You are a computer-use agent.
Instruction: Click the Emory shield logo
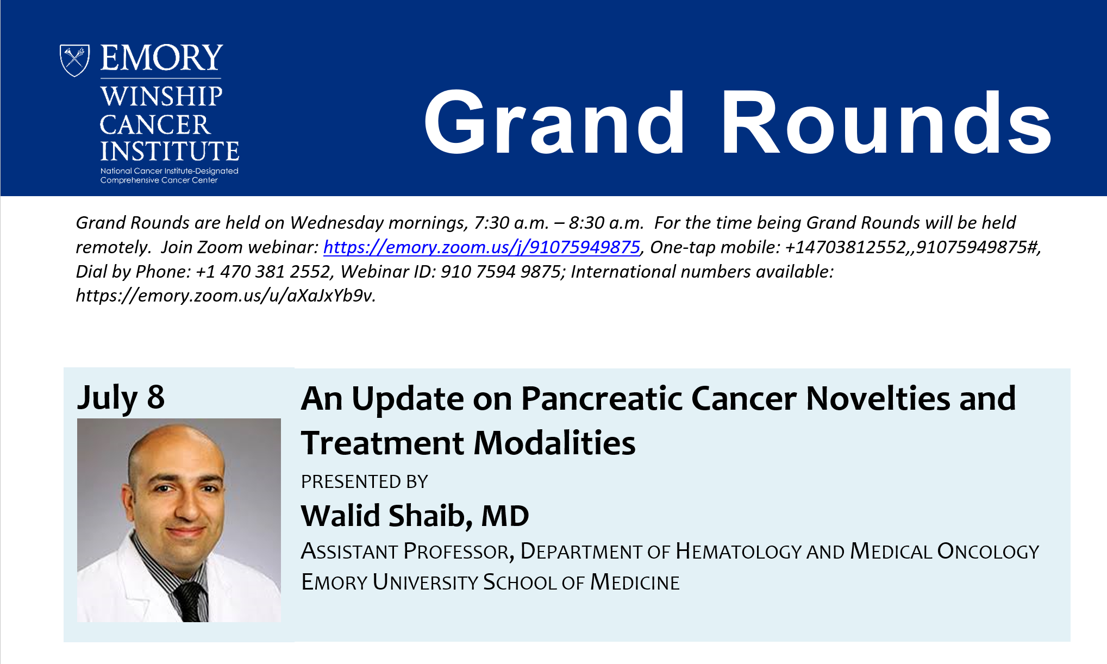pyautogui.click(x=74, y=60)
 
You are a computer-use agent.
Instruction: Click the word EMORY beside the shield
pyautogui.click(x=162, y=58)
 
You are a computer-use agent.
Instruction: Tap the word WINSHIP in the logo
pyautogui.click(x=161, y=96)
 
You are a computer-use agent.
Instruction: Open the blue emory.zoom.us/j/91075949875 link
pyautogui.click(x=481, y=247)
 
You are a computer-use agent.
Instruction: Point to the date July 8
pyautogui.click(x=121, y=398)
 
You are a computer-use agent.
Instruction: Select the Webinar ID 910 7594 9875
pyautogui.click(x=501, y=271)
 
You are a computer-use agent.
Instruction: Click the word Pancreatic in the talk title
pyautogui.click(x=602, y=398)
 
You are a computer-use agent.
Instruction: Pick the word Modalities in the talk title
pyautogui.click(x=554, y=443)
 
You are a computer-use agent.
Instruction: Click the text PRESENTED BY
pyautogui.click(x=365, y=482)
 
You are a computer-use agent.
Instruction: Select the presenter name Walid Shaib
pyautogui.click(x=386, y=515)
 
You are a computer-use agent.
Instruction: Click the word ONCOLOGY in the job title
pyautogui.click(x=988, y=552)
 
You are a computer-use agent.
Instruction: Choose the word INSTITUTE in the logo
pyautogui.click(x=170, y=151)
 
